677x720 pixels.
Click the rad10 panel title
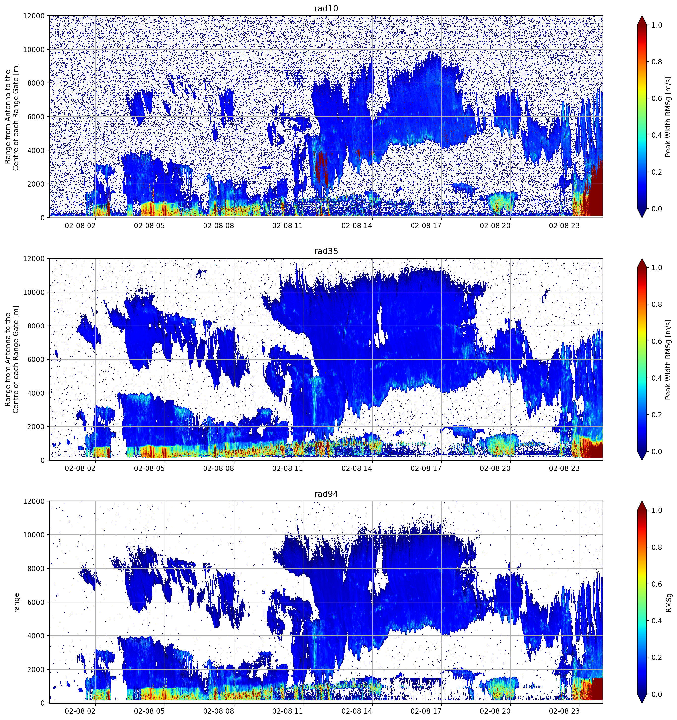tap(326, 9)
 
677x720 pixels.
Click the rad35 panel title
tap(326, 251)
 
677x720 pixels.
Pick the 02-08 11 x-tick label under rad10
tap(287, 226)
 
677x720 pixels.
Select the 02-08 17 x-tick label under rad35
tap(426, 468)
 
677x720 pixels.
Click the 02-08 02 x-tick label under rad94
tap(80, 711)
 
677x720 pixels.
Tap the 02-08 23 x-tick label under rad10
tap(564, 226)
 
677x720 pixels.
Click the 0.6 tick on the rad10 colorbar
tap(657, 98)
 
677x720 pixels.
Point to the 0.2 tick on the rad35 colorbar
tap(657, 415)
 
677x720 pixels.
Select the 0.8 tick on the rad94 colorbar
tap(657, 547)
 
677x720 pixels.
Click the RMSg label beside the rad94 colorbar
tap(669, 602)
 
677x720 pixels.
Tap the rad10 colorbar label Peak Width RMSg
tap(668, 117)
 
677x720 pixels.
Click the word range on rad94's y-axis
tap(16, 602)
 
